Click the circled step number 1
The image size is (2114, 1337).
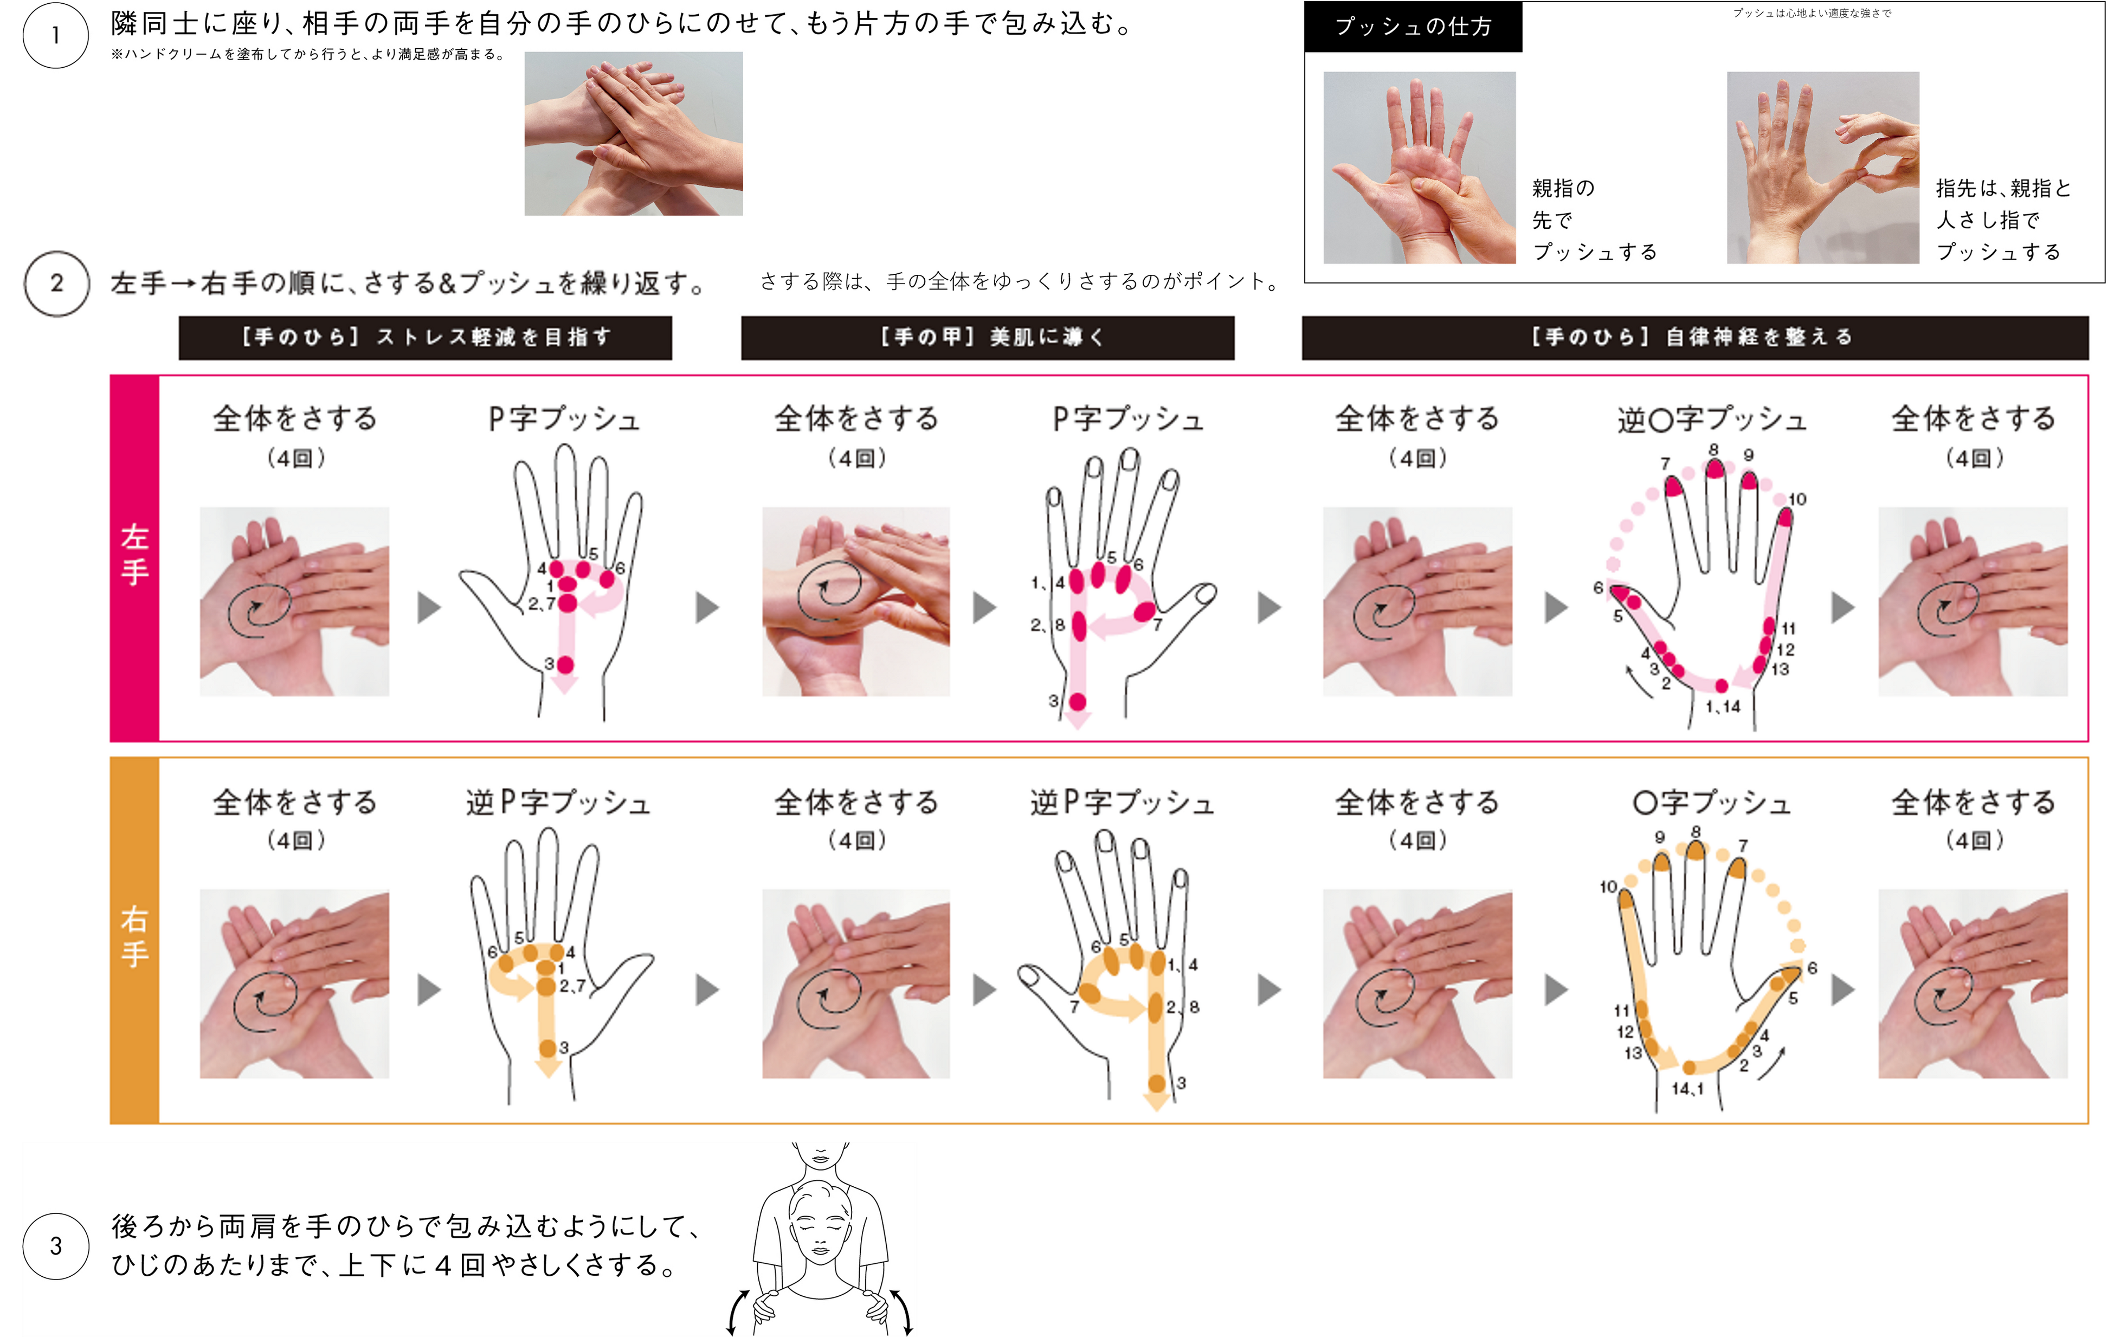tap(55, 35)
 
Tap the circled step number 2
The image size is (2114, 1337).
tap(56, 284)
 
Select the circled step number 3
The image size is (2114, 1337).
tap(55, 1246)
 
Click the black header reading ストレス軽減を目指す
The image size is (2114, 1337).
tap(426, 338)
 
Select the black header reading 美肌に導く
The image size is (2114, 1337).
tap(988, 338)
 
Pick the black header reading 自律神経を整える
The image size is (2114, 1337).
tap(1694, 338)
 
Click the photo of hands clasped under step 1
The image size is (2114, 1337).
tap(634, 133)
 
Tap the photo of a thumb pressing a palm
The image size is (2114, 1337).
tap(1420, 168)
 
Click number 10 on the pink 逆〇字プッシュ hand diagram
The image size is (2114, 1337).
tap(1797, 499)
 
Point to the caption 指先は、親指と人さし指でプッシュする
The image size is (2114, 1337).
tap(2003, 220)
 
